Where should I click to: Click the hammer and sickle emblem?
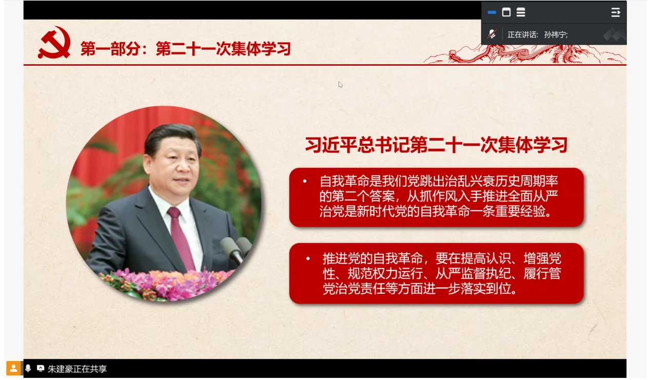point(54,43)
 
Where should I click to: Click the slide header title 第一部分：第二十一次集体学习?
point(186,48)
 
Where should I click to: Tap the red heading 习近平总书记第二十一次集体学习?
point(436,145)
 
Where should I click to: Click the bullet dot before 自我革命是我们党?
point(305,181)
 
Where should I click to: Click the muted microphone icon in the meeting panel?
point(492,34)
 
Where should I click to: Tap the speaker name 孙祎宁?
point(556,35)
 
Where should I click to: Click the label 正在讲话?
point(523,35)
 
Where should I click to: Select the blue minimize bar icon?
point(492,12)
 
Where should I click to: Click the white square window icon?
point(506,12)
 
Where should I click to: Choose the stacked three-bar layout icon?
point(521,12)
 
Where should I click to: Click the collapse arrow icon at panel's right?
point(616,12)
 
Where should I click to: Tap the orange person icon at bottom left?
point(13,368)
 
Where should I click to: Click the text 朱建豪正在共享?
point(77,369)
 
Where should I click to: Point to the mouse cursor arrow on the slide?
point(340,84)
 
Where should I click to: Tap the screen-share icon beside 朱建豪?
point(41,368)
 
